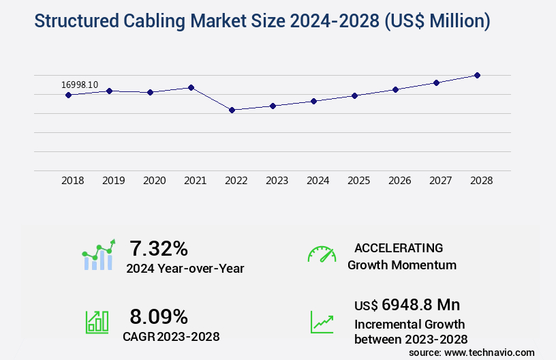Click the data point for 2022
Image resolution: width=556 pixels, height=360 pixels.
pyautogui.click(x=232, y=110)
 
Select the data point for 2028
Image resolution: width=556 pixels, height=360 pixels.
pyautogui.click(x=477, y=75)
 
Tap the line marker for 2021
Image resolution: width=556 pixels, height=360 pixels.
pyautogui.click(x=191, y=87)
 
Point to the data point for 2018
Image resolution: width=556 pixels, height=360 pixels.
pyautogui.click(x=68, y=95)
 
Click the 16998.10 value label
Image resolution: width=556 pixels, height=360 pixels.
pyautogui.click(x=80, y=85)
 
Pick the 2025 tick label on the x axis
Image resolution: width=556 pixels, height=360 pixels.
pyautogui.click(x=359, y=181)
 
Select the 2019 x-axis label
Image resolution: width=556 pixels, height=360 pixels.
pyautogui.click(x=114, y=181)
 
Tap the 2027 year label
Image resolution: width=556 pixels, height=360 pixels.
pyautogui.click(x=441, y=181)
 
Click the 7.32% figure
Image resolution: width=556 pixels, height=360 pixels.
pyautogui.click(x=159, y=248)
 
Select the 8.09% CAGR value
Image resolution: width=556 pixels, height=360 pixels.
pyautogui.click(x=159, y=316)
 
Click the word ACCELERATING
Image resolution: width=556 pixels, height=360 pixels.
pyautogui.click(x=399, y=248)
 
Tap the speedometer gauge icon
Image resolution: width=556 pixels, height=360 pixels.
pyautogui.click(x=322, y=254)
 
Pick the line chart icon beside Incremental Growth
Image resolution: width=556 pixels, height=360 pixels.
pyautogui.click(x=322, y=322)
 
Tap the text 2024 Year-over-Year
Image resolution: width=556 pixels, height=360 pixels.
pyautogui.click(x=185, y=269)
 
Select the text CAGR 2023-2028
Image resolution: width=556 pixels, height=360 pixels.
pyautogui.click(x=171, y=336)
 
